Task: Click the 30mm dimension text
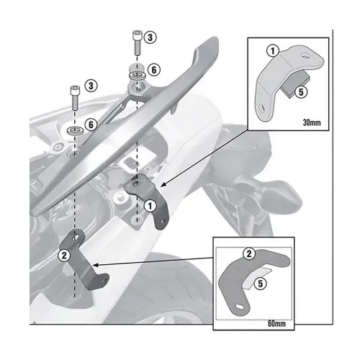312,122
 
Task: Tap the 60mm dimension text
276,323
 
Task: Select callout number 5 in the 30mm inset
301,92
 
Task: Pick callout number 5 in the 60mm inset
261,284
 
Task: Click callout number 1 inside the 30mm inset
272,51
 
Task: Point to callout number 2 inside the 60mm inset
249,253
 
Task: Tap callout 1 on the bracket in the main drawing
150,206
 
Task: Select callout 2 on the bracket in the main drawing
64,256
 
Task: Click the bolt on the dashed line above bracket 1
137,42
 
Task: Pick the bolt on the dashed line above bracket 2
75,97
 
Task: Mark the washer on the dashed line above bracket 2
75,131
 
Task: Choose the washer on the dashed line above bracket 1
137,76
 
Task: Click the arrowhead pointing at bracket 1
163,184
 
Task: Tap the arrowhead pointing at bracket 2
95,265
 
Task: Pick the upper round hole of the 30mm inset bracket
306,56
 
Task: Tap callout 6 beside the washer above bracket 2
91,125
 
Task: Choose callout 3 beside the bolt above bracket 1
150,37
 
